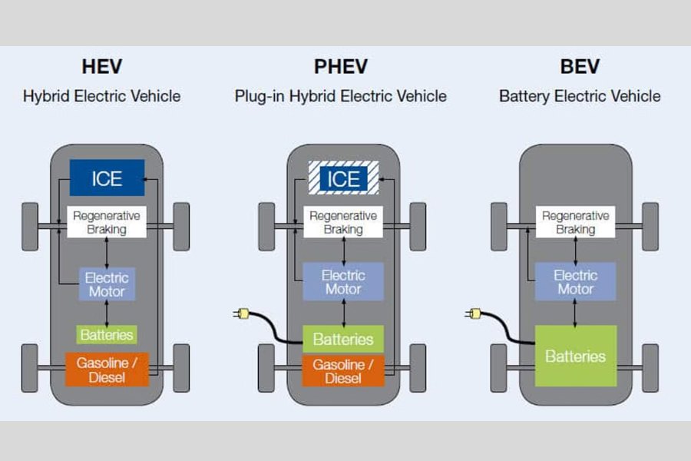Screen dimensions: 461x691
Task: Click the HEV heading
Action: [102, 67]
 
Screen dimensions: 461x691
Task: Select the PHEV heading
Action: [341, 67]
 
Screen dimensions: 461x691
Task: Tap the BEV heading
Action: [579, 67]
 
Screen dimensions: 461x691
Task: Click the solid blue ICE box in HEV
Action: [107, 177]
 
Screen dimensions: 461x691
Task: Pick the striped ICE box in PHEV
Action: [343, 177]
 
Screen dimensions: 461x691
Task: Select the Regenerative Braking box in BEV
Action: [575, 223]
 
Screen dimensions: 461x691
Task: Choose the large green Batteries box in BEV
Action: [575, 356]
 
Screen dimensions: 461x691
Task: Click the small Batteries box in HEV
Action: [107, 335]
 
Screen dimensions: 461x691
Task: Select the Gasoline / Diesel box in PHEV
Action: [343, 371]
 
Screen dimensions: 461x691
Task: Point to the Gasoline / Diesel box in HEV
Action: [107, 369]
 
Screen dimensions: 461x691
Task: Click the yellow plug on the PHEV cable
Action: [240, 313]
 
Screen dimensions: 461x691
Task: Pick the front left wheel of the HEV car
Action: [30, 226]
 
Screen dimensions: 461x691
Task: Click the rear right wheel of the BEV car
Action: [650, 367]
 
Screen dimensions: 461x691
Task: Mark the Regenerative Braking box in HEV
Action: [107, 223]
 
